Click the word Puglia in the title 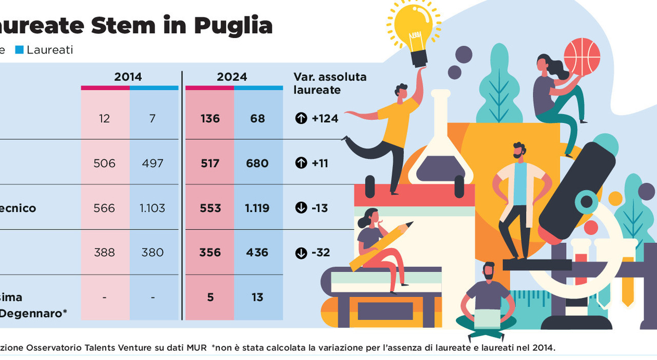tap(233, 25)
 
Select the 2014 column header tap(128, 77)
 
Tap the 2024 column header tap(232, 77)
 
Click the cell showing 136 tap(210, 119)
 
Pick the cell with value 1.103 tap(152, 208)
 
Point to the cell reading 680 tap(257, 163)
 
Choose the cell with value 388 tap(104, 253)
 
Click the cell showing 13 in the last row tap(257, 297)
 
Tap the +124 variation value tap(325, 119)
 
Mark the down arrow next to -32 tap(301, 253)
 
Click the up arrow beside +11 tap(301, 163)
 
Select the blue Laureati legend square tap(20, 50)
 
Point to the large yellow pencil tap(380, 247)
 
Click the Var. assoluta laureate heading tap(330, 83)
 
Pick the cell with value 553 tap(210, 208)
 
